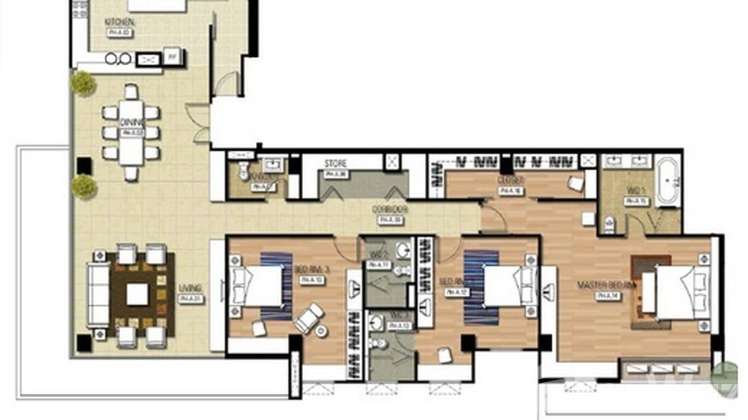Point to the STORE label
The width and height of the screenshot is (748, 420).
pos(336,164)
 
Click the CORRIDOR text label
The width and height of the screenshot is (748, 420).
pos(390,210)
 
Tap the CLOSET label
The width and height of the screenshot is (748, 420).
pos(510,180)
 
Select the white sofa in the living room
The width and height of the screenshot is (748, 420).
pos(98,295)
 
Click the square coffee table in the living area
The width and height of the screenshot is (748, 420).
pos(137,295)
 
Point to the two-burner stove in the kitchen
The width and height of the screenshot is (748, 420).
pos(118,58)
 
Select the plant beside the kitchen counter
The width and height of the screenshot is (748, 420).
pos(84,84)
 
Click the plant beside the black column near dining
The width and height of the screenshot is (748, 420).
pos(84,187)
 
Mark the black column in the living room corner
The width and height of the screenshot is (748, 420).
pos(84,343)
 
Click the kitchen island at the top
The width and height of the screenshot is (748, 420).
pos(157,6)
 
